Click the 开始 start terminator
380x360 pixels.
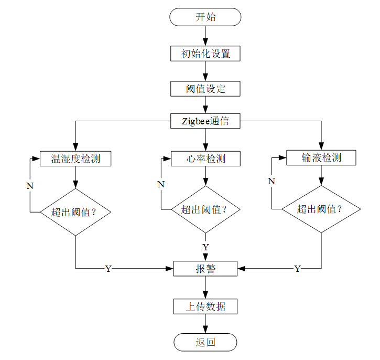point(205,17)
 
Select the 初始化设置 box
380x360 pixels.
point(205,54)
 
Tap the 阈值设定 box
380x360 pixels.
point(205,89)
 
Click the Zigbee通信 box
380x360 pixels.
point(205,121)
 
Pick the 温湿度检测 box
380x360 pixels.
point(75,158)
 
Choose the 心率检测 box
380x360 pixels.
point(205,158)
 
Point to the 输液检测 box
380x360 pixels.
point(321,157)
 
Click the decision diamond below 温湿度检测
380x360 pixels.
point(75,212)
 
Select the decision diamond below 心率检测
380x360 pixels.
point(205,209)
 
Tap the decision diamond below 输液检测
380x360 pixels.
point(321,209)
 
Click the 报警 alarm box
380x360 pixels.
point(205,269)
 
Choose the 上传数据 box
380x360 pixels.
point(205,306)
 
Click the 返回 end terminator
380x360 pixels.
point(205,342)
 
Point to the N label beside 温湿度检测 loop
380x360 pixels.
point(30,186)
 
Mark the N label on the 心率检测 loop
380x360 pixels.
point(161,184)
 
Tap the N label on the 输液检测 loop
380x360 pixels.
point(272,181)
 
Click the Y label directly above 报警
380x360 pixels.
point(205,247)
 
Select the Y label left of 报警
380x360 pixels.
point(108,269)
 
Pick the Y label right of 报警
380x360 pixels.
point(297,269)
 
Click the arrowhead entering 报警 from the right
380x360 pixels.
point(241,269)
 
